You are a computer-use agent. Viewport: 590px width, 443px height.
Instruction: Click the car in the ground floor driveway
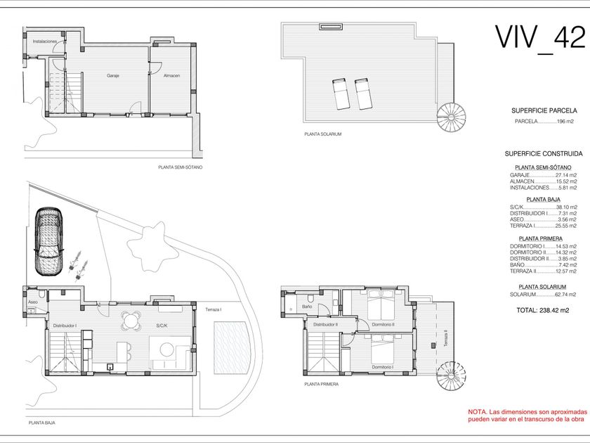click(x=48, y=241)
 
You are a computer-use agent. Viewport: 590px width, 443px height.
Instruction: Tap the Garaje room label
click(x=113, y=76)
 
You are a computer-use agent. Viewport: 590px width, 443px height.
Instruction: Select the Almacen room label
click(x=171, y=76)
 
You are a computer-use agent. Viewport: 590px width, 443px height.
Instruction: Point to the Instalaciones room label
click(x=45, y=41)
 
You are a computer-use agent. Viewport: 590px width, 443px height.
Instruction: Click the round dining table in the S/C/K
click(x=131, y=321)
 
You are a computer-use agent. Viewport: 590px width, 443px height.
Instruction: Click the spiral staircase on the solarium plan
click(x=451, y=117)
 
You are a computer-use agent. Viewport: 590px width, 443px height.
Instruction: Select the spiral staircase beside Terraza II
click(x=451, y=376)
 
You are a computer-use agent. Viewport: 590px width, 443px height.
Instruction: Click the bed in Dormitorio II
click(x=381, y=304)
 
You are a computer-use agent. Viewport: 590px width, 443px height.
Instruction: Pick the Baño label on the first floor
click(x=307, y=307)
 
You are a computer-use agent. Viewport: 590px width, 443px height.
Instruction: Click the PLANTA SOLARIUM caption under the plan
click(x=323, y=134)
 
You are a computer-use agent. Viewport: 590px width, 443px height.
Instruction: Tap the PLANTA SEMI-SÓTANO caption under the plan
click(x=181, y=167)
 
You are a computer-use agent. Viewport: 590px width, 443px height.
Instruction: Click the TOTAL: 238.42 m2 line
click(x=542, y=310)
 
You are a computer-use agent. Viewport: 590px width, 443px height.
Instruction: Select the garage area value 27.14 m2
click(x=566, y=175)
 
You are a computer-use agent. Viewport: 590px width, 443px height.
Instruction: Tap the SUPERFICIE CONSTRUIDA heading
click(x=544, y=154)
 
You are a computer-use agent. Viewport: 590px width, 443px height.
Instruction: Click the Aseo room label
click(x=33, y=302)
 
